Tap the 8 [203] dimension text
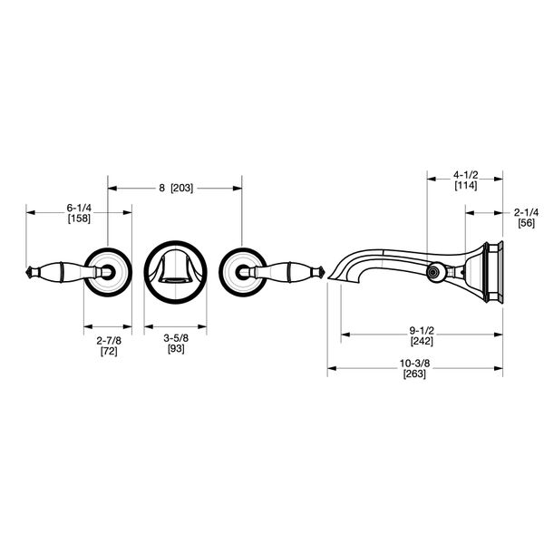175,189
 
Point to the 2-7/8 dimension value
108,340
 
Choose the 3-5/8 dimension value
175,340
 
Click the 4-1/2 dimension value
466,174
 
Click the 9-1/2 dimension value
421,331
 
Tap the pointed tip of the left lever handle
27,270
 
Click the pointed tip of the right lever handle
322,270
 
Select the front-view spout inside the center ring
175,269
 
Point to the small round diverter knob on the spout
434,270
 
